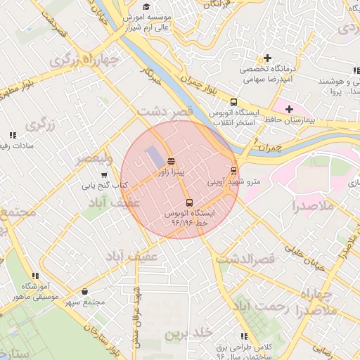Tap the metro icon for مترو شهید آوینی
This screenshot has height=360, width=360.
point(234,171)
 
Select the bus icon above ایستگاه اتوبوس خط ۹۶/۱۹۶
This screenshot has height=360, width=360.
point(188,202)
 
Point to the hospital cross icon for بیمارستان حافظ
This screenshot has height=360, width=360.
point(289,109)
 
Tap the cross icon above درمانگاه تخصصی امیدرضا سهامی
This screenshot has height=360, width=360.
point(266,58)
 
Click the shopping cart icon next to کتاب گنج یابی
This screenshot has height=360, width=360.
point(104,175)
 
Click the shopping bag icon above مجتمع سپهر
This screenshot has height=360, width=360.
point(85,292)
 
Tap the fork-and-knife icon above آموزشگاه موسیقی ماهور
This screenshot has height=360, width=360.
point(34,276)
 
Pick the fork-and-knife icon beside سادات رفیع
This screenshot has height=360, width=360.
point(12,135)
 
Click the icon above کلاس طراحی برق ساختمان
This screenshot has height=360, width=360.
point(244,337)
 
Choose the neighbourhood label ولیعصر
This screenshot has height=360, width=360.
point(92,157)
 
